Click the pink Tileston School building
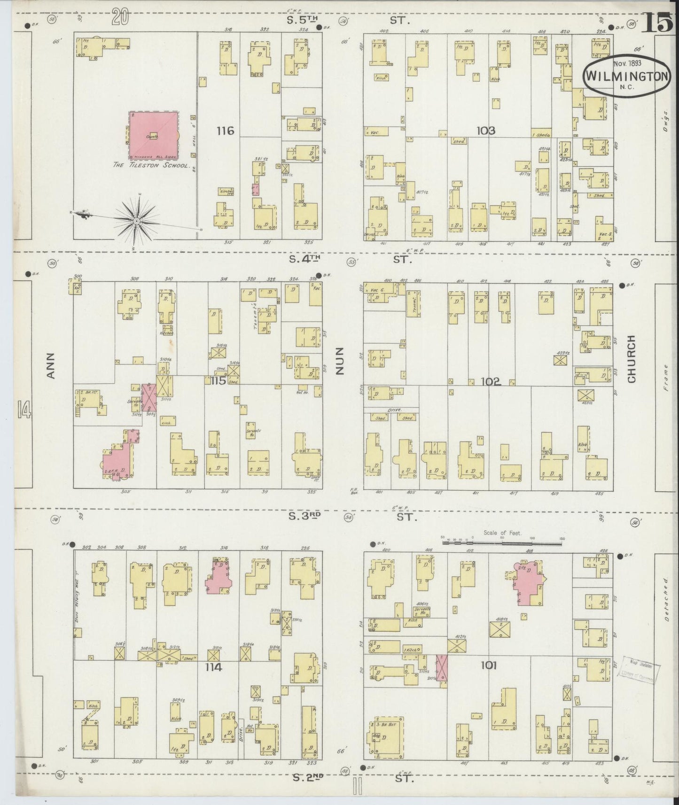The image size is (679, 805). (153, 135)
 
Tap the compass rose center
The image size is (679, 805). (136, 220)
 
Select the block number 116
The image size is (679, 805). (225, 131)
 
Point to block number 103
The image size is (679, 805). (485, 131)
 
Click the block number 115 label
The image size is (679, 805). (219, 380)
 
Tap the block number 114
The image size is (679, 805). (213, 667)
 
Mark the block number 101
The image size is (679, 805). (489, 666)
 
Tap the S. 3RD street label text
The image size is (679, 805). (304, 516)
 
